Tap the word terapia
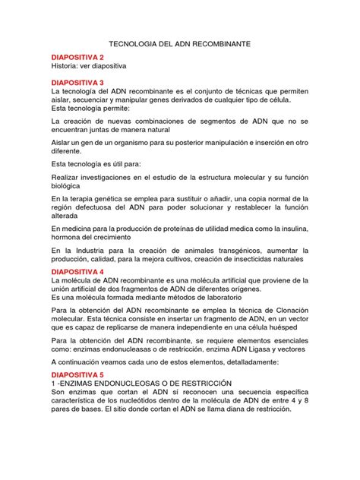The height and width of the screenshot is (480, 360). (x=81, y=201)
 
